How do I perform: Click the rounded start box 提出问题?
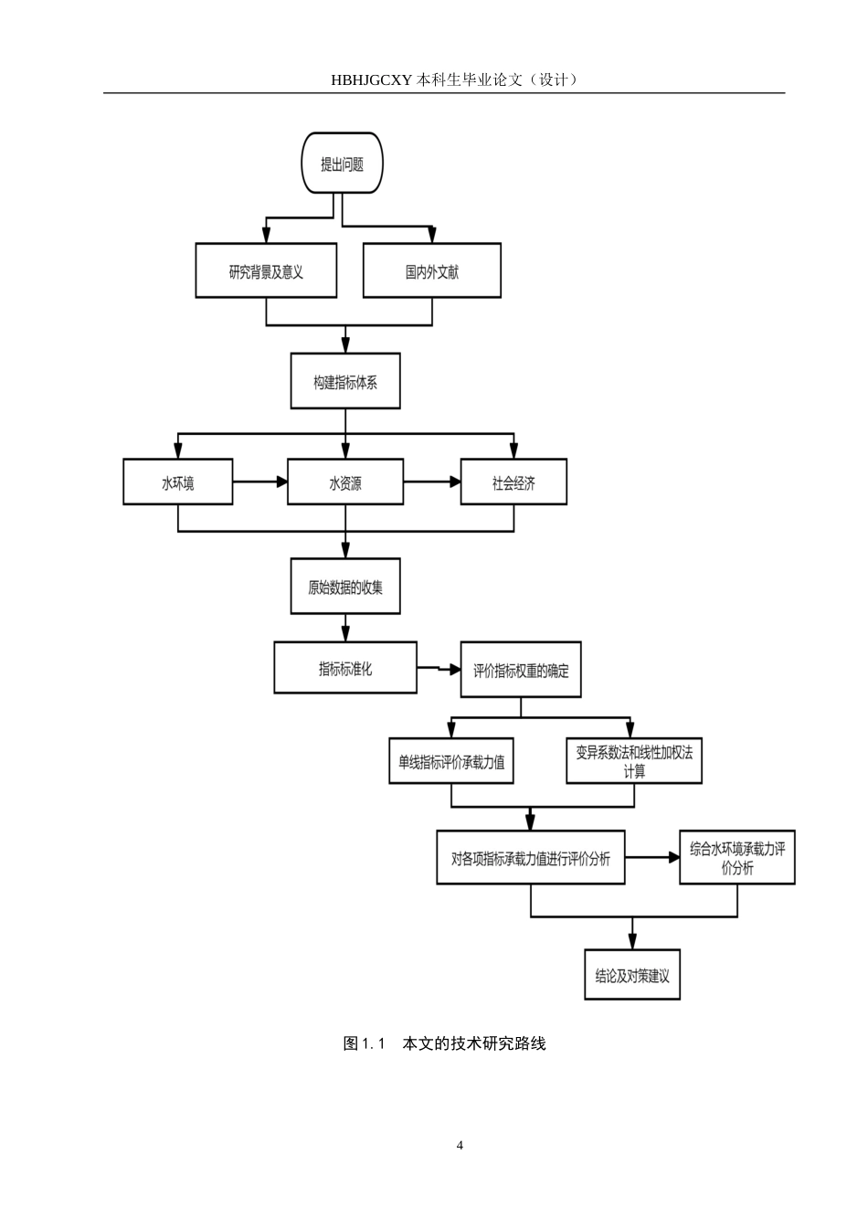click(342, 163)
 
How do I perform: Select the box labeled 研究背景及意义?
click(266, 270)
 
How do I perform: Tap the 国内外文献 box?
click(432, 270)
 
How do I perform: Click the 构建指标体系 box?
click(345, 381)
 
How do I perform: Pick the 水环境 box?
click(177, 482)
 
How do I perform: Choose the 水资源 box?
click(345, 482)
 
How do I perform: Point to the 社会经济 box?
click(513, 482)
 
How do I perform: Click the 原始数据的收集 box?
click(345, 586)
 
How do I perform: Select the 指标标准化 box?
click(345, 668)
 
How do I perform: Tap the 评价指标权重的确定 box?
click(521, 670)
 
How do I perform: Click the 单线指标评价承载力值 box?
click(451, 761)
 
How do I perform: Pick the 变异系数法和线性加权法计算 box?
click(634, 761)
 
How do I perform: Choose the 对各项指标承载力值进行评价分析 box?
click(531, 857)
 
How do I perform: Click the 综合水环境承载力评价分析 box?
click(737, 857)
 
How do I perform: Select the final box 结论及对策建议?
click(632, 975)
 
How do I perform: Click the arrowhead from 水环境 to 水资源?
click(281, 482)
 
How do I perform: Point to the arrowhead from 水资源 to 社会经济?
click(455, 482)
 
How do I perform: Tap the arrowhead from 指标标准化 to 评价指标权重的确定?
click(455, 670)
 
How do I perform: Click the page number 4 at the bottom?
click(460, 1145)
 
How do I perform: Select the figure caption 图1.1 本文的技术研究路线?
click(444, 1043)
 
